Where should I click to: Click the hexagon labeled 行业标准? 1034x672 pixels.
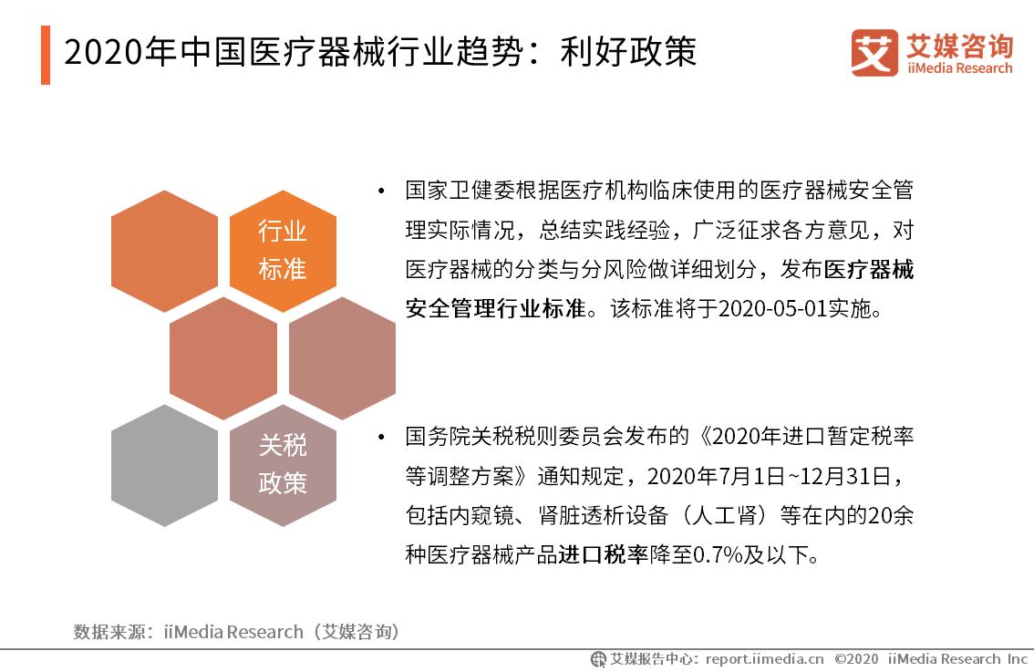click(283, 251)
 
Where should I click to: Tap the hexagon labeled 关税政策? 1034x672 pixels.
click(283, 465)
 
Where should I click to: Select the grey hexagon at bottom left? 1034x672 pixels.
click(164, 465)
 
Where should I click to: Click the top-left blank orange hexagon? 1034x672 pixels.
click(164, 251)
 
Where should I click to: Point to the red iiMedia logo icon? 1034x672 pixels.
click(874, 53)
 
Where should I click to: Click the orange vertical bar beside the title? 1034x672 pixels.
click(46, 55)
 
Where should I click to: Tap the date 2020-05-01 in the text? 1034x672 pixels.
click(774, 308)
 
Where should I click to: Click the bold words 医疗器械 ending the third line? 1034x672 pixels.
click(869, 270)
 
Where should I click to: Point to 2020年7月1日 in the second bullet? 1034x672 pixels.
click(717, 476)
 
